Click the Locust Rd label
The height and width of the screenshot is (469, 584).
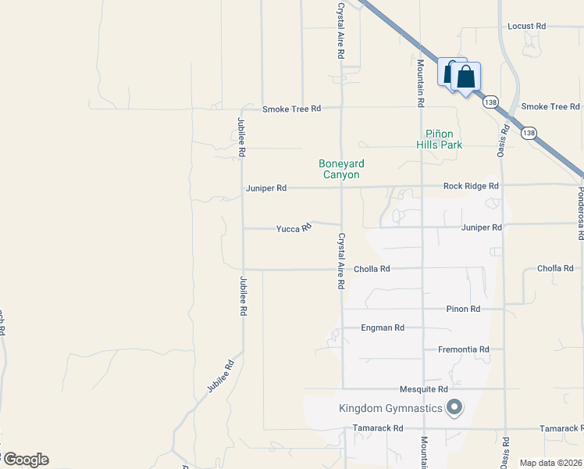(526, 26)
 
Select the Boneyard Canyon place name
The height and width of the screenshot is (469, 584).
(341, 169)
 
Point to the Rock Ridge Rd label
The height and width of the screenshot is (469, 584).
(470, 186)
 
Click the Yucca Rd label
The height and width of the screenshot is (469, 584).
(294, 228)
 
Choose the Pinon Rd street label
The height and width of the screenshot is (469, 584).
(463, 309)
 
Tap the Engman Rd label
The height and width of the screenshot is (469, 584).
(383, 328)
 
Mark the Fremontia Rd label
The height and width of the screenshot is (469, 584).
(463, 349)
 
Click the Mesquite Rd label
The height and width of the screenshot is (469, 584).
(423, 388)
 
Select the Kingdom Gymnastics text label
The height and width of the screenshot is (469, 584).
(390, 408)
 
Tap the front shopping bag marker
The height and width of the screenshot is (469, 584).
(465, 77)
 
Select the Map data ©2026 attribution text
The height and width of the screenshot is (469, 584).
(550, 463)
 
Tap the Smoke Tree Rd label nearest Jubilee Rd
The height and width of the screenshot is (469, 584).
(291, 109)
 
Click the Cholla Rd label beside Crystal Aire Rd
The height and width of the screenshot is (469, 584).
(372, 269)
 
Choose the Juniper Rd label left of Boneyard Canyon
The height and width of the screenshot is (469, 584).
(266, 188)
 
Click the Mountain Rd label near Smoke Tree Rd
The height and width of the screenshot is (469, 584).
(420, 83)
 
